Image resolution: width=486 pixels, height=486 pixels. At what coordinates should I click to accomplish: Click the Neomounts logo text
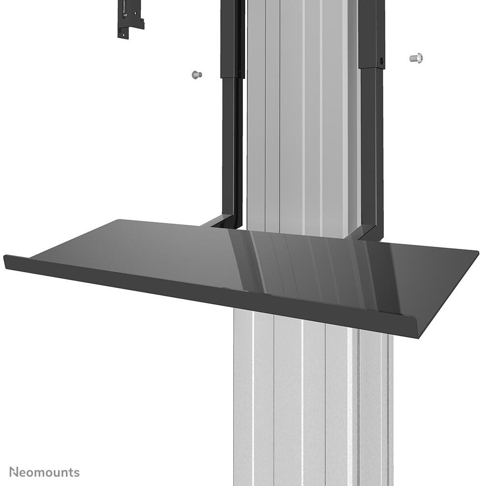(x=45, y=472)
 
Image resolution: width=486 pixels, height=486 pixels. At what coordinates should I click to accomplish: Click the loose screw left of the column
(x=196, y=75)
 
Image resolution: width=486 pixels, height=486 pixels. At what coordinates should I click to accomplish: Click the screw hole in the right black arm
(x=381, y=61)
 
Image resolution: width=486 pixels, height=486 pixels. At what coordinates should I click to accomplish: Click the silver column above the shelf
(x=300, y=121)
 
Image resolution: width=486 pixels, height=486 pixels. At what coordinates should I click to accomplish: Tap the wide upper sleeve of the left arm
(x=231, y=39)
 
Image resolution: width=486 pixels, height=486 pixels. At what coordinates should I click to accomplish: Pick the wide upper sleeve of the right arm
(x=371, y=34)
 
